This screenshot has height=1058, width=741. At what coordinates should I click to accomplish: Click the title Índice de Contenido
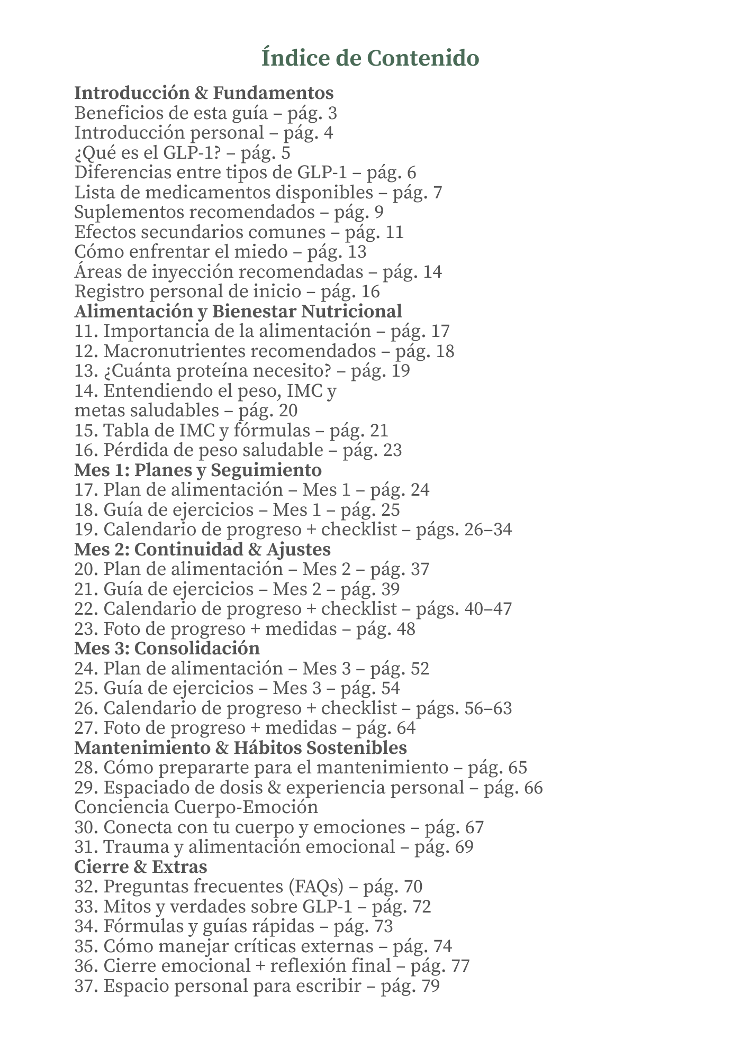370,58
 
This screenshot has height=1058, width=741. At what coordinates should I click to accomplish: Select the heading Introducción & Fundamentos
204,93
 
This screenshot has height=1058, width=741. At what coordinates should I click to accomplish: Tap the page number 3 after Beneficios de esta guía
332,113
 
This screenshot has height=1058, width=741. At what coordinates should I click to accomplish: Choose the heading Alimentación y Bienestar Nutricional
238,311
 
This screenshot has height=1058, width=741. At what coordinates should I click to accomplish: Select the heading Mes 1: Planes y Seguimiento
198,470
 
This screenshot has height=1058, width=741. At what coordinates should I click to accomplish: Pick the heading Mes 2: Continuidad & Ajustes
202,550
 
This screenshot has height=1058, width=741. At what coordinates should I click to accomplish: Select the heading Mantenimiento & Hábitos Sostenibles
241,748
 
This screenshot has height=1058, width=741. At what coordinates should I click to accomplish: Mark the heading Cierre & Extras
141,867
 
